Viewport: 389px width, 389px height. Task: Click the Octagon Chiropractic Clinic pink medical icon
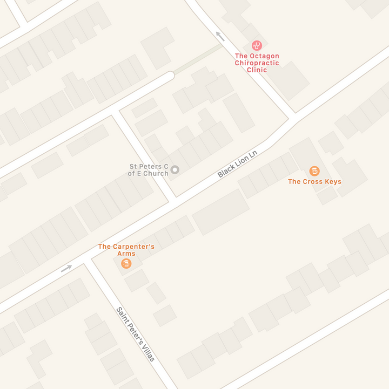[x=257, y=46]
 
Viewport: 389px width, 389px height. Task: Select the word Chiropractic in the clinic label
[x=257, y=63]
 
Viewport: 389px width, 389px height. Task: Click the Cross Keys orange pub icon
[x=314, y=171]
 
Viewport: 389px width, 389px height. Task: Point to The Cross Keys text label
[x=314, y=182]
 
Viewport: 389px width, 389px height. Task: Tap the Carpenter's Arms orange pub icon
[x=126, y=263]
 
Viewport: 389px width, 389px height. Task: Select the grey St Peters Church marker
[x=175, y=170]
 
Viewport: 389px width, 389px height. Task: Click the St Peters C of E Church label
[x=148, y=170]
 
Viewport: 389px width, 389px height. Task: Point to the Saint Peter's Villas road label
[x=136, y=334]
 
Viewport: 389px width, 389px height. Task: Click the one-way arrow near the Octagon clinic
[x=220, y=36]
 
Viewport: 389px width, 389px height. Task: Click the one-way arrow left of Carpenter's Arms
[x=66, y=268]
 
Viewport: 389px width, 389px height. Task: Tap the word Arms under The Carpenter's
[x=126, y=254]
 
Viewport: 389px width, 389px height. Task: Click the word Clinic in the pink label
[x=257, y=70]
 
